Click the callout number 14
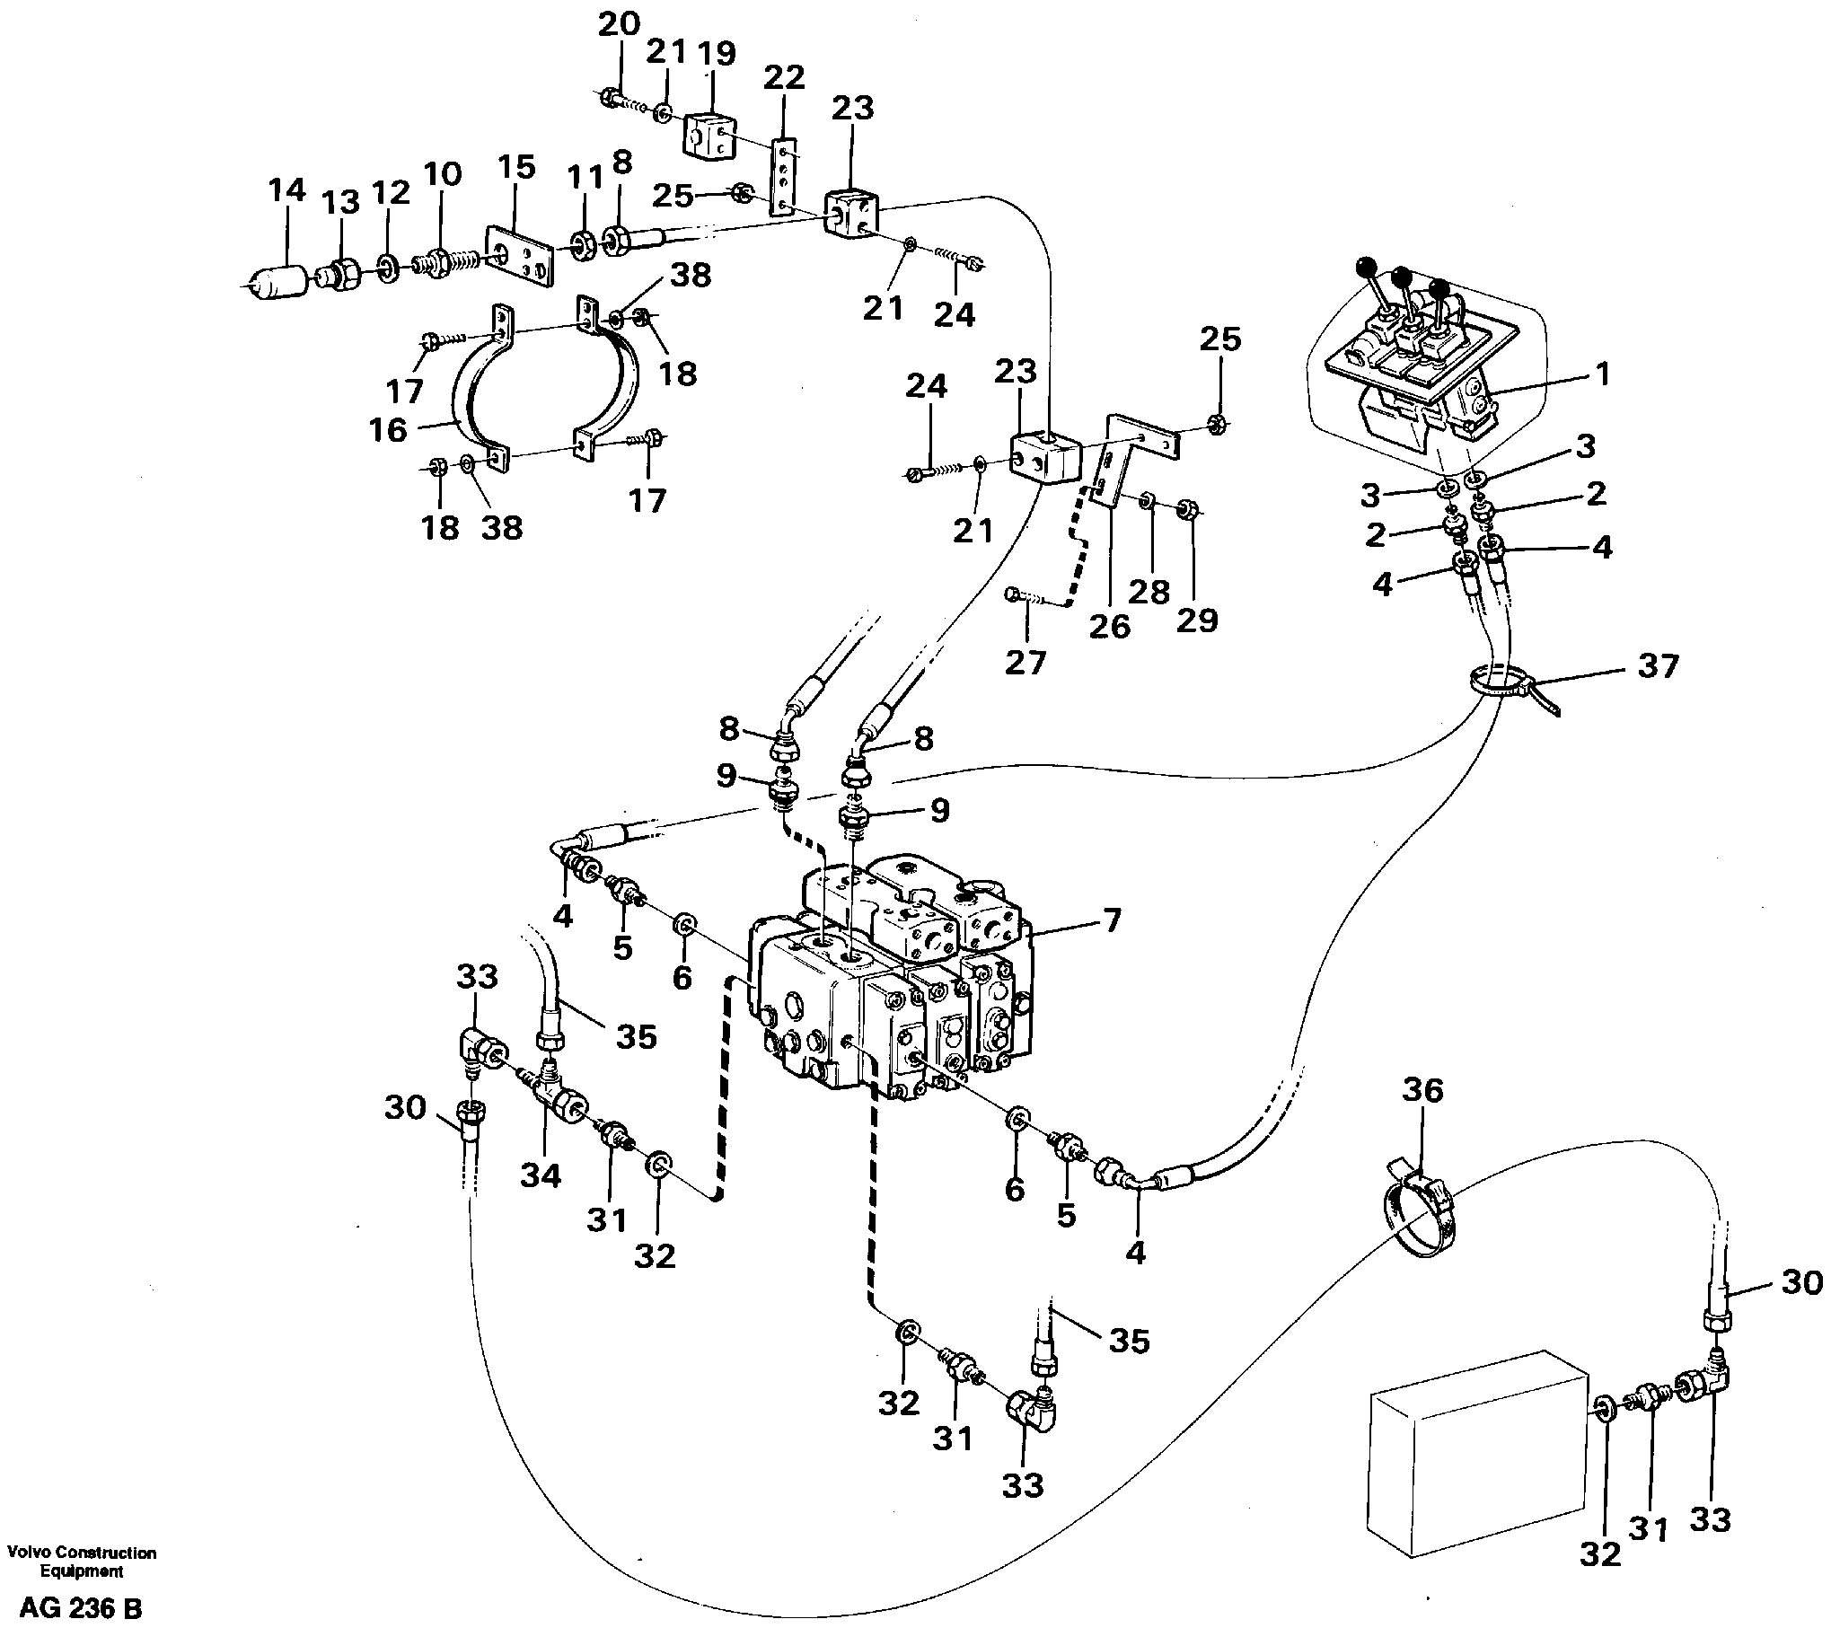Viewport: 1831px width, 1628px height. coord(286,191)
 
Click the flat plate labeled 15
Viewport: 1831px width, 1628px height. coord(520,257)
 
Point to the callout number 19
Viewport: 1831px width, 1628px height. coord(719,53)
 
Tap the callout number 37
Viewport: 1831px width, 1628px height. coord(1657,667)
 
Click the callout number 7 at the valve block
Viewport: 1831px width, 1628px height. coord(1111,921)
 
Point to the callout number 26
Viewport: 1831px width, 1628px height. coord(1109,627)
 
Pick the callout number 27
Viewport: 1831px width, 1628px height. coord(1026,663)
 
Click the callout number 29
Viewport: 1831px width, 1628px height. coord(1198,619)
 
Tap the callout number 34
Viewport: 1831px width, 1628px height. coord(542,1175)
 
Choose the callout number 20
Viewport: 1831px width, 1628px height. coord(619,23)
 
